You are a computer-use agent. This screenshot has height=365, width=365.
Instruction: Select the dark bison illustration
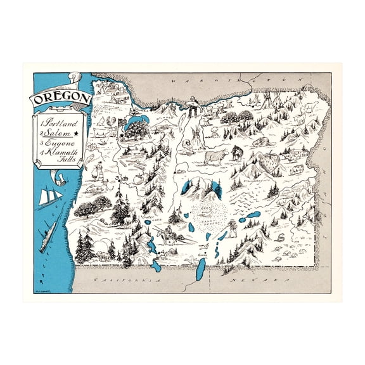point(238,152)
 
